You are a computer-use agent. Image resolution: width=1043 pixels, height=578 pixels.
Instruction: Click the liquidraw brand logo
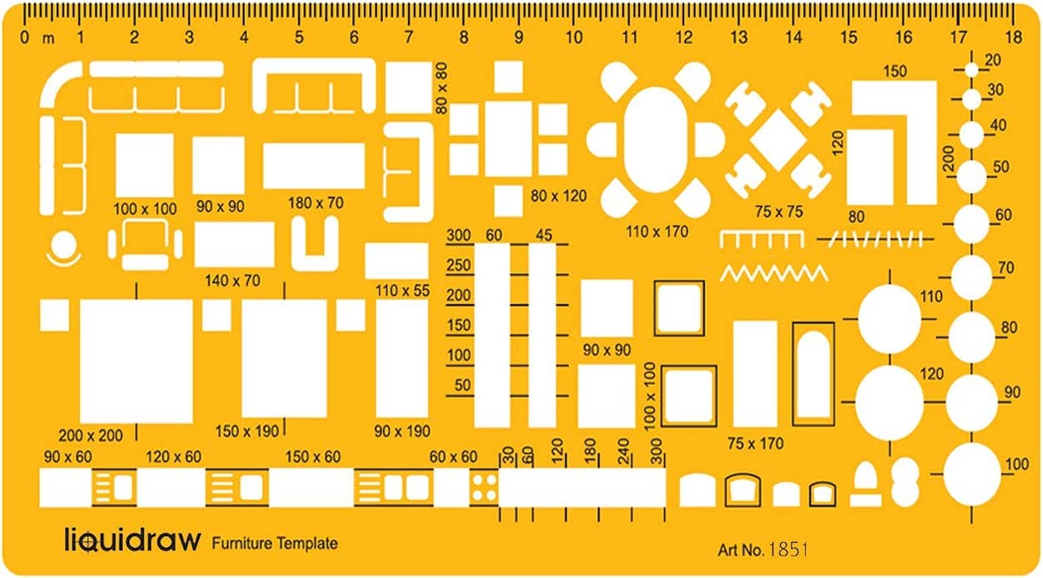pyautogui.click(x=133, y=540)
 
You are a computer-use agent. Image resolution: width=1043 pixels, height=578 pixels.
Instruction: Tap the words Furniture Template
pyautogui.click(x=275, y=544)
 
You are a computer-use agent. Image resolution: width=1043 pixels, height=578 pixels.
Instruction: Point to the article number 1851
pyautogui.click(x=789, y=550)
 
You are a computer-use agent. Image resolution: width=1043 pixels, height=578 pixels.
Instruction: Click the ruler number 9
pyautogui.click(x=519, y=38)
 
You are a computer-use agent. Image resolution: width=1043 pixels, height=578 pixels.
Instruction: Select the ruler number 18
pyautogui.click(x=1015, y=37)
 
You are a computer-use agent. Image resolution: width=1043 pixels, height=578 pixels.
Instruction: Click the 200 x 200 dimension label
pyautogui.click(x=91, y=436)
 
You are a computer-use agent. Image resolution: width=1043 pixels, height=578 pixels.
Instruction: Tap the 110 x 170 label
pyautogui.click(x=657, y=231)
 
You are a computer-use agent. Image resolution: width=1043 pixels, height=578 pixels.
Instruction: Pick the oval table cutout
pyautogui.click(x=656, y=139)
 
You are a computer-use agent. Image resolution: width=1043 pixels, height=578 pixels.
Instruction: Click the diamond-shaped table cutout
pyautogui.click(x=778, y=139)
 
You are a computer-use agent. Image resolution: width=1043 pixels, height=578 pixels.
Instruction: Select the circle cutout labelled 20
pyautogui.click(x=972, y=70)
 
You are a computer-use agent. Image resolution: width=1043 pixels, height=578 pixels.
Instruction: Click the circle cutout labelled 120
pyautogui.click(x=889, y=403)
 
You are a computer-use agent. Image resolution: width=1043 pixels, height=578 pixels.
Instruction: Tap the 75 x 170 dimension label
pyautogui.click(x=756, y=444)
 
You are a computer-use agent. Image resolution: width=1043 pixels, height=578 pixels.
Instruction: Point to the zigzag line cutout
pyautogui.click(x=774, y=274)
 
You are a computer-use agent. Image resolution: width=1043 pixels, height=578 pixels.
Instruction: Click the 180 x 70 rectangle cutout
pyautogui.click(x=314, y=166)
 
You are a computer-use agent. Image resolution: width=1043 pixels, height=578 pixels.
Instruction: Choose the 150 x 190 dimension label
pyautogui.click(x=247, y=432)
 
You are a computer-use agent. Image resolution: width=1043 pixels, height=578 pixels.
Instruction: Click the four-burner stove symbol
pyautogui.click(x=484, y=487)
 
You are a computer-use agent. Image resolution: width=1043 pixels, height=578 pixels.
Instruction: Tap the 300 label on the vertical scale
pyautogui.click(x=459, y=236)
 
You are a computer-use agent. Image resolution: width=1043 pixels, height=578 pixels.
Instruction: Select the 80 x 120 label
pyautogui.click(x=558, y=196)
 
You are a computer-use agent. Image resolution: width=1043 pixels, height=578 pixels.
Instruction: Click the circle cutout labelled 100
pyautogui.click(x=972, y=474)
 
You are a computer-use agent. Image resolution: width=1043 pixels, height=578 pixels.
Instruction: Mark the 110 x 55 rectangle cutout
pyautogui.click(x=396, y=261)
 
